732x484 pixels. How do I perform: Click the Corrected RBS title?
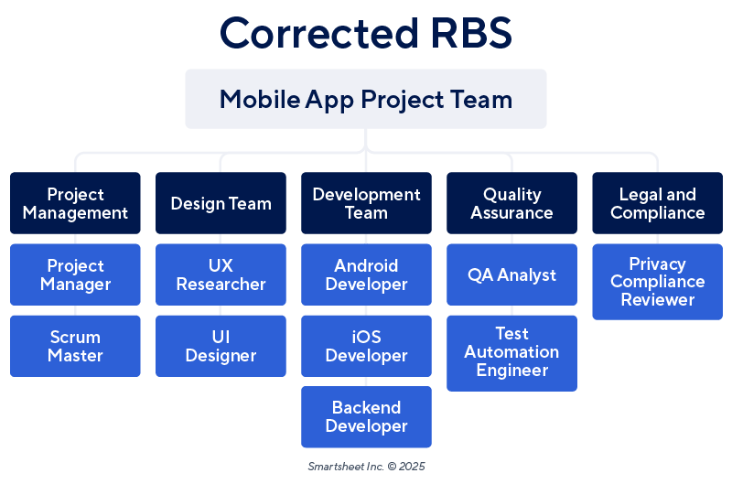[366, 33]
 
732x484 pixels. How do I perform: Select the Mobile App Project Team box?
[366, 99]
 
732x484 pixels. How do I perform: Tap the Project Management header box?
[75, 203]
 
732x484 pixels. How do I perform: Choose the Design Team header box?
[221, 203]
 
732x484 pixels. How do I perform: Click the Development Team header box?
[366, 203]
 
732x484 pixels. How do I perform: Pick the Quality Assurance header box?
[511, 203]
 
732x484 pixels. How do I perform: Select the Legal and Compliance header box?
[657, 203]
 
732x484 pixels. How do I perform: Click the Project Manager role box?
[75, 274]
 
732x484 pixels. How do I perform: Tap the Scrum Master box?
[75, 346]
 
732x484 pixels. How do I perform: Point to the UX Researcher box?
[221, 274]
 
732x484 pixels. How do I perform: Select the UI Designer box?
[221, 346]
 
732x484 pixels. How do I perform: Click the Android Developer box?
[366, 274]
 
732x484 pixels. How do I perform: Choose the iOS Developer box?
[366, 346]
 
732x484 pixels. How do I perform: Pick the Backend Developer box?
[366, 417]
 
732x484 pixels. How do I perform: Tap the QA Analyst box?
[511, 274]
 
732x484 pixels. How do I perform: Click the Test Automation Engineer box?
[511, 352]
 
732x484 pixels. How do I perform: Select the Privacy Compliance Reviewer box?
[657, 281]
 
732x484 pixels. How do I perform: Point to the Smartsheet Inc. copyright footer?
[366, 466]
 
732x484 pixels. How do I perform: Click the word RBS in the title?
[467, 33]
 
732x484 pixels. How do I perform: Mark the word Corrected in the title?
[317, 33]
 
